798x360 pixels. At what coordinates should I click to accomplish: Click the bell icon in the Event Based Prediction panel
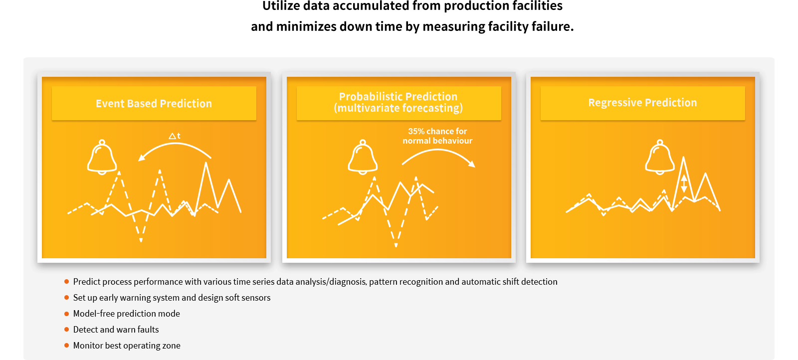[102, 157]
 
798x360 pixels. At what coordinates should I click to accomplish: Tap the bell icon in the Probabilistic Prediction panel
[363, 157]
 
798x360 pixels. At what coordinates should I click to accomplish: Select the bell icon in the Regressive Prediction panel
[660, 157]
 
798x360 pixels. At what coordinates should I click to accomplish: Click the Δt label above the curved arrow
[175, 136]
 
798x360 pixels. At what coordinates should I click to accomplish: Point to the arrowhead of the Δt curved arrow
[142, 158]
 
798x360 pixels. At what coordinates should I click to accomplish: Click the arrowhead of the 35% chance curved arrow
[472, 164]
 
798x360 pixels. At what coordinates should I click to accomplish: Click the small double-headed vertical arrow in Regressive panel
[684, 183]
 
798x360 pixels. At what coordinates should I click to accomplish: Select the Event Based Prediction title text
[154, 103]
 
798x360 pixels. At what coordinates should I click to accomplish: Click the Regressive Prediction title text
[642, 103]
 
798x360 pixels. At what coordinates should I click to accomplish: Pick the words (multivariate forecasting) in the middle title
[399, 108]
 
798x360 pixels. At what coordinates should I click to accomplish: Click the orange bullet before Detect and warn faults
[67, 330]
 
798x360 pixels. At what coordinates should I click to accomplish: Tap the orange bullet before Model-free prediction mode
[67, 314]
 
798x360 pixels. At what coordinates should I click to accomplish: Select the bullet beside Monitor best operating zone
[67, 345]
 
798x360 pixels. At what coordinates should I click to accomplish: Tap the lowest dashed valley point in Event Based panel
[141, 241]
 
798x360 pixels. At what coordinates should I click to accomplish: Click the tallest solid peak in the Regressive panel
[683, 158]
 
